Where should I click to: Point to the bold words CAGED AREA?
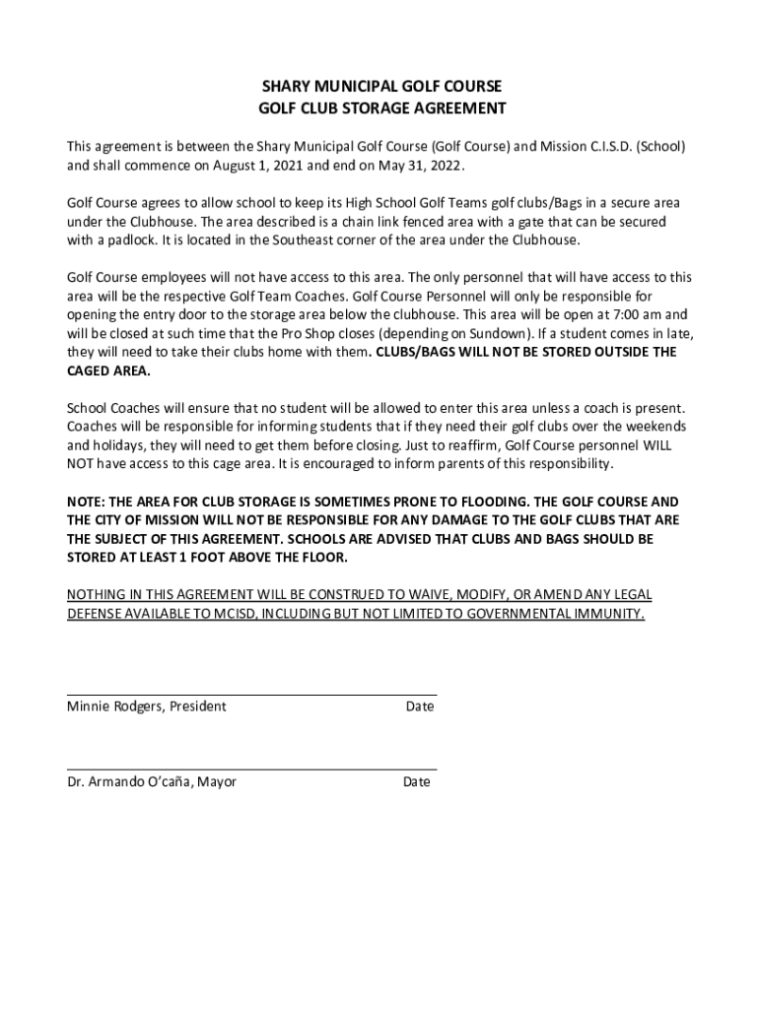108,370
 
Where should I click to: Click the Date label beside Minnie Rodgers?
419,706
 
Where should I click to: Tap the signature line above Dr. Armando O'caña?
251,770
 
